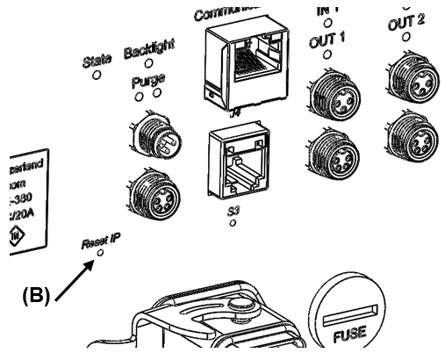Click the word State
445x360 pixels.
click(97, 61)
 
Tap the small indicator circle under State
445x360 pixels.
click(97, 75)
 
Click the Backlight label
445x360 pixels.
click(149, 51)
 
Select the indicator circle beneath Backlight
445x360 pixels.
click(149, 63)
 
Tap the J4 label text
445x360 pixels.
click(234, 112)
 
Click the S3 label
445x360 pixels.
click(233, 212)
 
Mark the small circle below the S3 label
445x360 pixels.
click(233, 223)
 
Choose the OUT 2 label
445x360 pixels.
click(406, 23)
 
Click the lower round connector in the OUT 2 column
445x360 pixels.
click(411, 133)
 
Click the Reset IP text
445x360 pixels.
click(101, 241)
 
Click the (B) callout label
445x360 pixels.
click(37, 294)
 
